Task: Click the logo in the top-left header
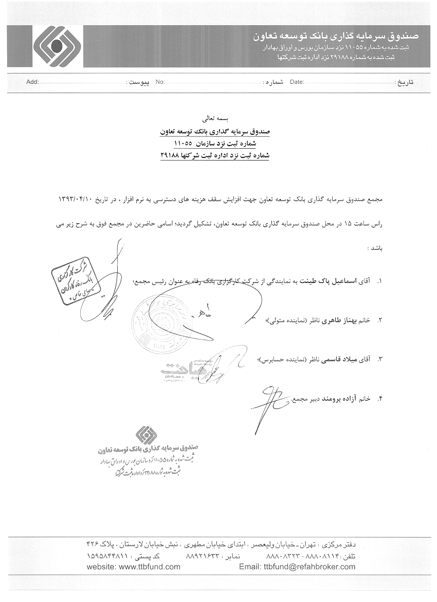(57, 46)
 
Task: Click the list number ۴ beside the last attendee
(380, 398)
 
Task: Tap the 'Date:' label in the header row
(297, 82)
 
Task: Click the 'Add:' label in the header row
(32, 82)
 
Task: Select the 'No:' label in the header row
(160, 82)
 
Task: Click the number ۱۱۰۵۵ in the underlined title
(183, 143)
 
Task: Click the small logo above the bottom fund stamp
(147, 435)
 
